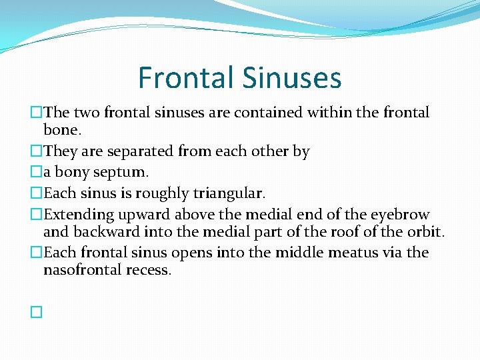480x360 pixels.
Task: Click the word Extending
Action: (x=79, y=215)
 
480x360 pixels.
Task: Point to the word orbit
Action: (x=425, y=231)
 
